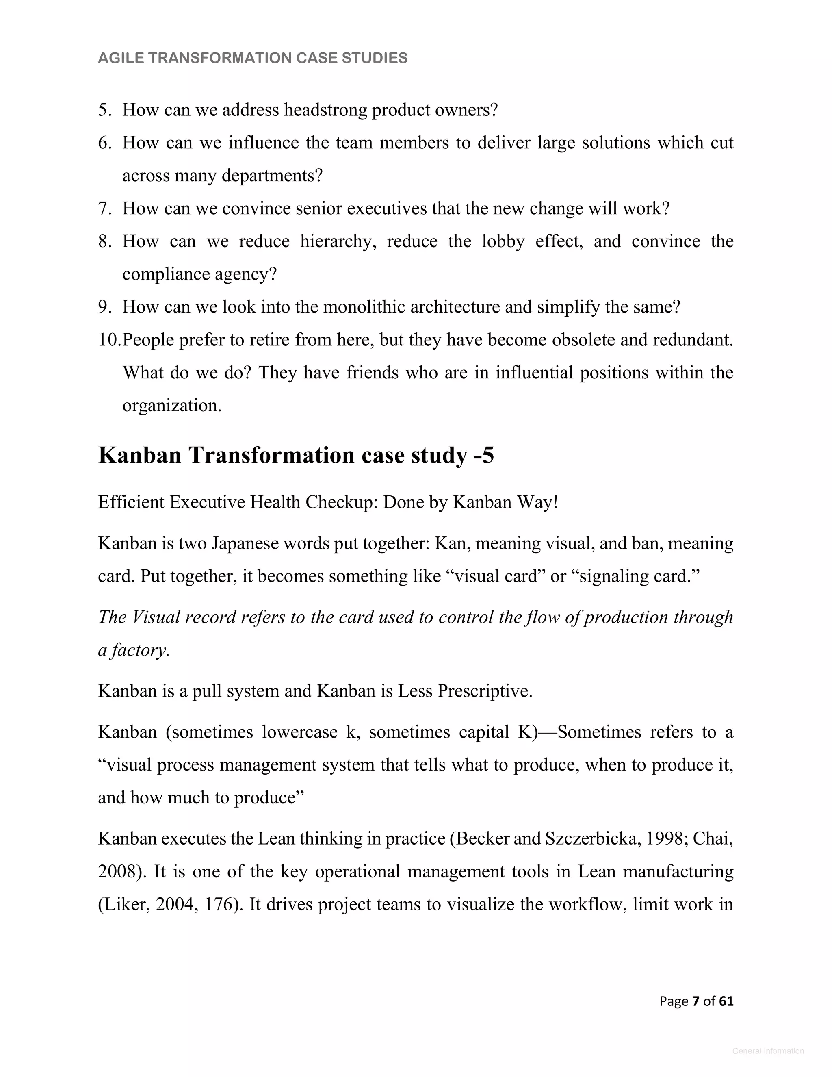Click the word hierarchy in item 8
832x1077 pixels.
(x=338, y=242)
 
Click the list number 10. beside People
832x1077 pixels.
(x=108, y=340)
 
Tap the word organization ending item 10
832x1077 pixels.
(x=171, y=406)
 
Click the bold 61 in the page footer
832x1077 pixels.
(x=726, y=1001)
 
